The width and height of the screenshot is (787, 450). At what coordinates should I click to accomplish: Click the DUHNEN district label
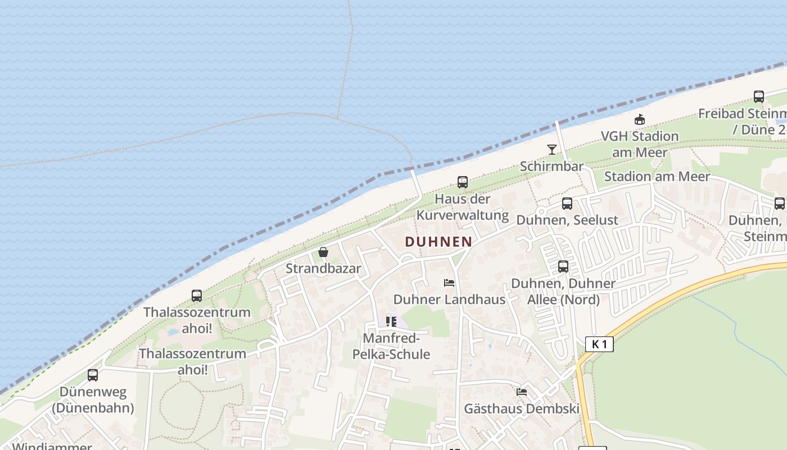pos(438,242)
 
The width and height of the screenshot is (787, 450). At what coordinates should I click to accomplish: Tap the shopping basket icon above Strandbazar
pos(323,252)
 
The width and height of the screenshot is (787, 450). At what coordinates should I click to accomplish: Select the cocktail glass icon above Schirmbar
pos(552,150)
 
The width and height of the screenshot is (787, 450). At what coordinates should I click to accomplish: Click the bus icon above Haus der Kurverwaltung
pos(463,182)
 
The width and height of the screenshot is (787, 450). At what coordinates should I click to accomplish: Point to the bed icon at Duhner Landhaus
pos(449,283)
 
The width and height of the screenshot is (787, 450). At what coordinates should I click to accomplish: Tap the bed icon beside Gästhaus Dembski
pos(522,392)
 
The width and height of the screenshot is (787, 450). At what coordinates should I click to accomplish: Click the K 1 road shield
pos(599,344)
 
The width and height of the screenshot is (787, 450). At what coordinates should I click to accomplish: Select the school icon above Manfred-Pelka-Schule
pos(391,322)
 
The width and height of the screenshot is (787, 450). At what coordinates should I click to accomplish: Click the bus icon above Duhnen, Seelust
pos(567,204)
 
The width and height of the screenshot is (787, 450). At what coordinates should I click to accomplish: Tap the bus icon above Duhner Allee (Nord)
pos(563,267)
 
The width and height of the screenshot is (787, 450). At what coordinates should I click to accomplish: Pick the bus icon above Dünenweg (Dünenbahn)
pos(93,375)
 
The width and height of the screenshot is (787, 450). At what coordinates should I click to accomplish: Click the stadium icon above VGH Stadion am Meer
pos(639,120)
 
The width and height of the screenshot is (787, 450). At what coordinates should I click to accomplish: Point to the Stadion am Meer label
pos(657,177)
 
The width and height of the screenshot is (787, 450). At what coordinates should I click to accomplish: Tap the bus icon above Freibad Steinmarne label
pos(759,97)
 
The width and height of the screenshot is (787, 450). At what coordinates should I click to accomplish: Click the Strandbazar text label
pos(323,268)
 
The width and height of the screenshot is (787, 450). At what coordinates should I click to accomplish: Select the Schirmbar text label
pos(551,166)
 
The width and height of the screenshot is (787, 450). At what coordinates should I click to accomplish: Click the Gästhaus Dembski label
pos(521,408)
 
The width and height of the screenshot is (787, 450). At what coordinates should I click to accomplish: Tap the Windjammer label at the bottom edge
pos(52,446)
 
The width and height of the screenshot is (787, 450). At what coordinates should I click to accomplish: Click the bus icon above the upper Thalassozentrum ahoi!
pos(197,296)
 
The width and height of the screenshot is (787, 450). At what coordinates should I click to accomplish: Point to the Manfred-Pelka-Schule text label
pos(391,346)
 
